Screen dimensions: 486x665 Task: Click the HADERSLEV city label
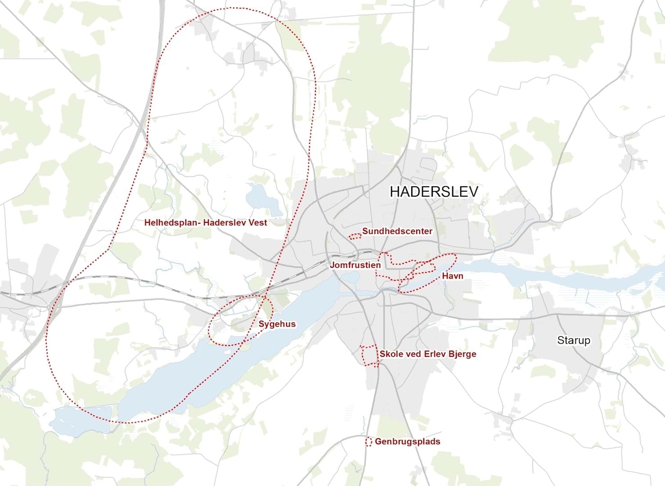pyautogui.click(x=433, y=192)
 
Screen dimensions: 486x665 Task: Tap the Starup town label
pyautogui.click(x=573, y=340)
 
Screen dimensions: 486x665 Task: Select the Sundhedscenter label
pyautogui.click(x=397, y=231)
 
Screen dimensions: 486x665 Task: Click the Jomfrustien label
pyautogui.click(x=355, y=265)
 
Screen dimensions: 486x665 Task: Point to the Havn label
pyautogui.click(x=452, y=276)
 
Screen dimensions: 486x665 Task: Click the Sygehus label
pyautogui.click(x=277, y=324)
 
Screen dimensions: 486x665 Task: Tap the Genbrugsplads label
pyautogui.click(x=407, y=441)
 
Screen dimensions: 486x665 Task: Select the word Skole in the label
pyautogui.click(x=390, y=354)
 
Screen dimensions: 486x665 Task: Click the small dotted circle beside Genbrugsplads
pyautogui.click(x=368, y=441)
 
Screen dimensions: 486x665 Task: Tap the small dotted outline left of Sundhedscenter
pyautogui.click(x=355, y=236)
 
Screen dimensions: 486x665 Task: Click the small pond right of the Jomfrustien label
pyautogui.click(x=349, y=277)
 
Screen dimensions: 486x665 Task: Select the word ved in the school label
pyautogui.click(x=409, y=354)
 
